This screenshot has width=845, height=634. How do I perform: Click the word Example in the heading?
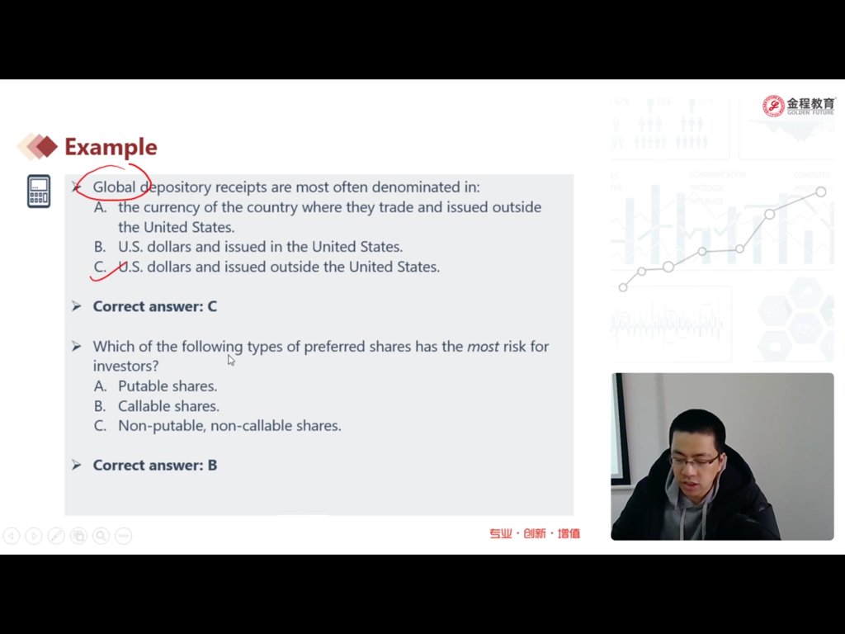click(111, 147)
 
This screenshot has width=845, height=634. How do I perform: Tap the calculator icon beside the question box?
click(39, 192)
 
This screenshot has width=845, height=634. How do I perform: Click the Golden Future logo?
click(798, 106)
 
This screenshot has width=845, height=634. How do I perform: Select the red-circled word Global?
click(114, 187)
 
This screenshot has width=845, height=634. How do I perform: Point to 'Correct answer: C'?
click(155, 306)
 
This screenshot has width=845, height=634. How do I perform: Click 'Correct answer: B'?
click(155, 466)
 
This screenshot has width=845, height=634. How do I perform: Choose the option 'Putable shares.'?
click(168, 386)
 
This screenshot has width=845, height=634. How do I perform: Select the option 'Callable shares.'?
click(168, 406)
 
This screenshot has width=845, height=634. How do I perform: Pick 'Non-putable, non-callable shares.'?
click(229, 426)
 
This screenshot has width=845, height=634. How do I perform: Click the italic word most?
click(483, 346)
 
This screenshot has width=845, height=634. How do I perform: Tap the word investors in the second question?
click(125, 366)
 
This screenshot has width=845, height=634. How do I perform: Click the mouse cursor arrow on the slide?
click(231, 360)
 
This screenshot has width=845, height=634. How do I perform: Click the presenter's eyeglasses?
click(695, 461)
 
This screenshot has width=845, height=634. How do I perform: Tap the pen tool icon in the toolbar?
click(56, 535)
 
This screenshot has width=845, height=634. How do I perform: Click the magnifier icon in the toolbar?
click(101, 535)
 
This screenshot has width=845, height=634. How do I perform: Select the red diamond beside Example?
click(46, 146)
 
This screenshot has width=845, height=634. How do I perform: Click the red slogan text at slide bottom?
click(535, 534)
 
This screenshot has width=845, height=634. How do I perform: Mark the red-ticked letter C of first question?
click(100, 267)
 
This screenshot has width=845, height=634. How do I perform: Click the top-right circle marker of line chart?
click(821, 192)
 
